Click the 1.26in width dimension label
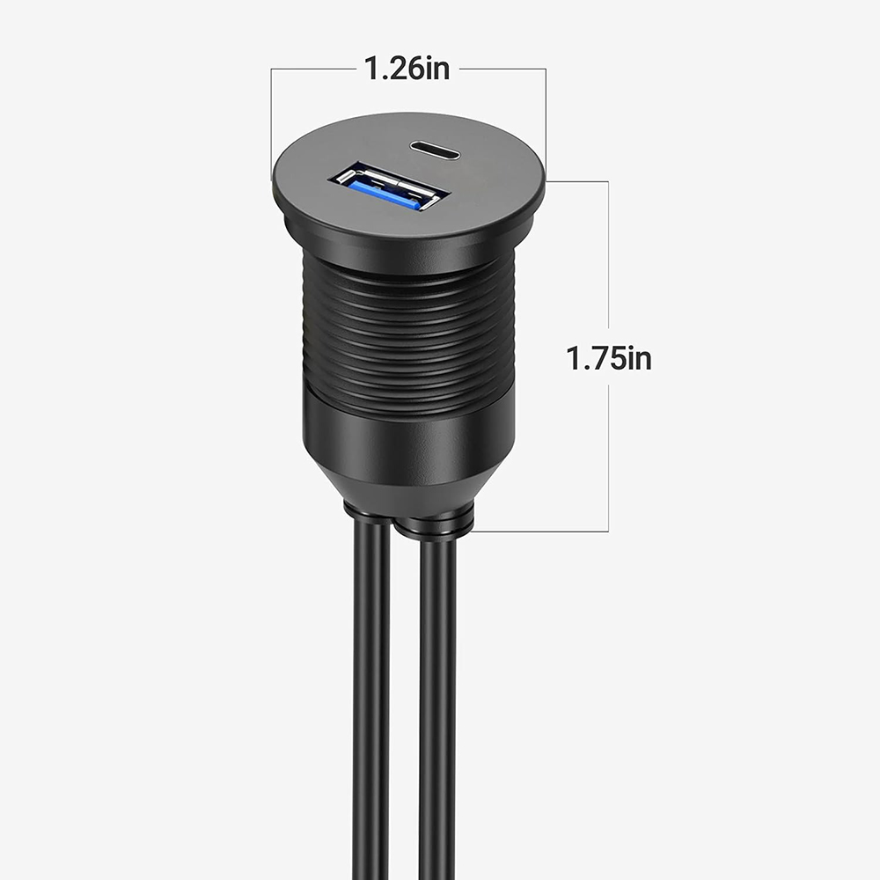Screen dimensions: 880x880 coord(407,69)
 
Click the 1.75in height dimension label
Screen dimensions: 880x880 coord(608,358)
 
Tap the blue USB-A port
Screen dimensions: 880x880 coord(385,187)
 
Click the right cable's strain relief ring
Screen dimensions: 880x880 coord(436,526)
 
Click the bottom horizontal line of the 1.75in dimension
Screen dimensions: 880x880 coord(546,532)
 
